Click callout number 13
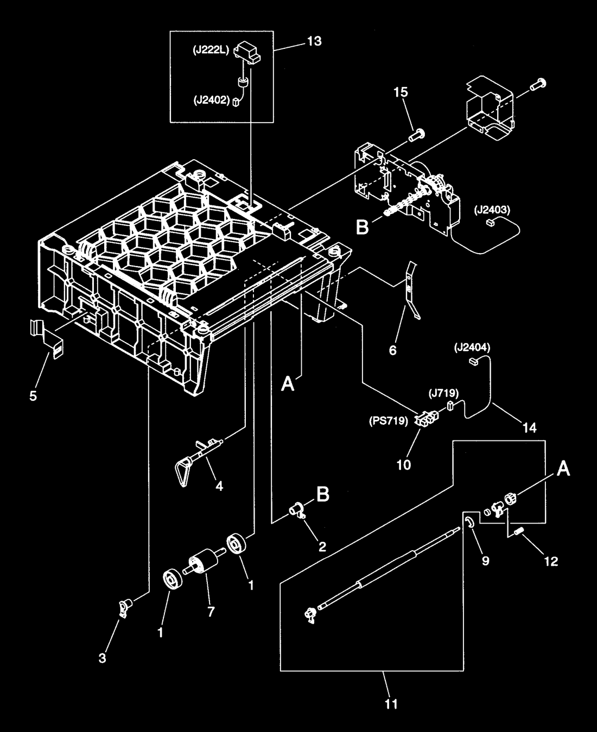314,41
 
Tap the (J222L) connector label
211,51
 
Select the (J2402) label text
212,100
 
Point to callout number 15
401,92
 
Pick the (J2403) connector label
493,210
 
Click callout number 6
393,350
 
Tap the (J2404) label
473,348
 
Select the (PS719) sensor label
389,421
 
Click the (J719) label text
443,393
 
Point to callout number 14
530,427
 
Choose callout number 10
404,465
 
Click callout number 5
33,396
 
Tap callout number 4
219,486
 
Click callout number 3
103,658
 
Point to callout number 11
391,704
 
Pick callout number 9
486,561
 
